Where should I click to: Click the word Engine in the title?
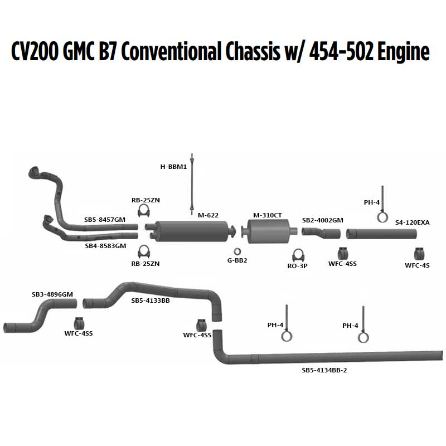coord(404,52)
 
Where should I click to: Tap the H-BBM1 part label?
coord(173,167)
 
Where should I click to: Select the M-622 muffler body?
coord(192,231)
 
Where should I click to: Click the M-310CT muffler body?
coord(268,231)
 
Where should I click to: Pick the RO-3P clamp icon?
coord(298,255)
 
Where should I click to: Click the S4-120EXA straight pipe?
coord(381,234)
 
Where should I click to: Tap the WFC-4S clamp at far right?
coord(419,254)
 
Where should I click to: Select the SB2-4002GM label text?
coord(323,220)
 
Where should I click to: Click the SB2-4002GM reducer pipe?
coord(321,232)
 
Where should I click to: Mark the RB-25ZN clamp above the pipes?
coord(144,211)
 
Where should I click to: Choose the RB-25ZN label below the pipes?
coord(146,264)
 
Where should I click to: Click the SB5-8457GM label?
coord(105,220)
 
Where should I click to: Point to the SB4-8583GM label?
coord(105,246)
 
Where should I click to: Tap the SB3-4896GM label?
coord(52,294)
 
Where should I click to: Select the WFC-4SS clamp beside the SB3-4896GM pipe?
coord(79,323)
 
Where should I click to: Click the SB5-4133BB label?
coord(151,300)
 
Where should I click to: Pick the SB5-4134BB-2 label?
coord(324,370)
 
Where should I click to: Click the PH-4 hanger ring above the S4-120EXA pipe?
coord(382,217)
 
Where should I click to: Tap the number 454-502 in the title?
coord(341,52)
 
